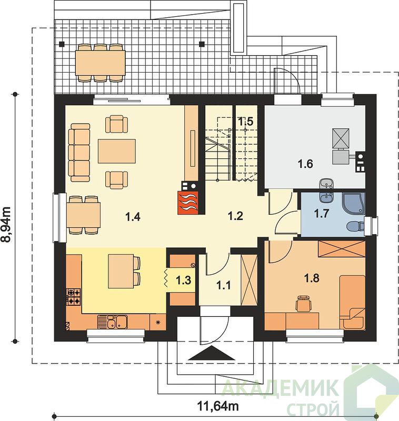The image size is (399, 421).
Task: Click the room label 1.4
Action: pos(133,216)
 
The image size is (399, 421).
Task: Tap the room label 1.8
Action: pos(312,278)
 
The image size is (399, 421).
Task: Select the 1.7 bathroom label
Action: pos(322,214)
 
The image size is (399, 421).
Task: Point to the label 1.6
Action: pos(305,163)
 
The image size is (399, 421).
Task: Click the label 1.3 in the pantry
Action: pos(183,280)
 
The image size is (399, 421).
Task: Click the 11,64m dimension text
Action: pos(218,406)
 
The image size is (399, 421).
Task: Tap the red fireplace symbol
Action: pos(188,203)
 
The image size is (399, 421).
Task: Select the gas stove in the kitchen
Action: pos(74,296)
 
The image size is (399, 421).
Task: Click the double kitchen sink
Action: pos(112,322)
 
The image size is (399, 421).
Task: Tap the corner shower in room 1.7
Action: pos(353,204)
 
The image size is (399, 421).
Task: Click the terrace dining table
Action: pos(101,63)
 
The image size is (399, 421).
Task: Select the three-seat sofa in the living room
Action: pos(79,153)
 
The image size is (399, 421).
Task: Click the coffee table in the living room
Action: pos(117,151)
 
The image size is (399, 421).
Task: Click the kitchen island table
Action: pos(121,271)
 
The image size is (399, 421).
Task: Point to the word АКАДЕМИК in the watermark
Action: pos(280,387)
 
